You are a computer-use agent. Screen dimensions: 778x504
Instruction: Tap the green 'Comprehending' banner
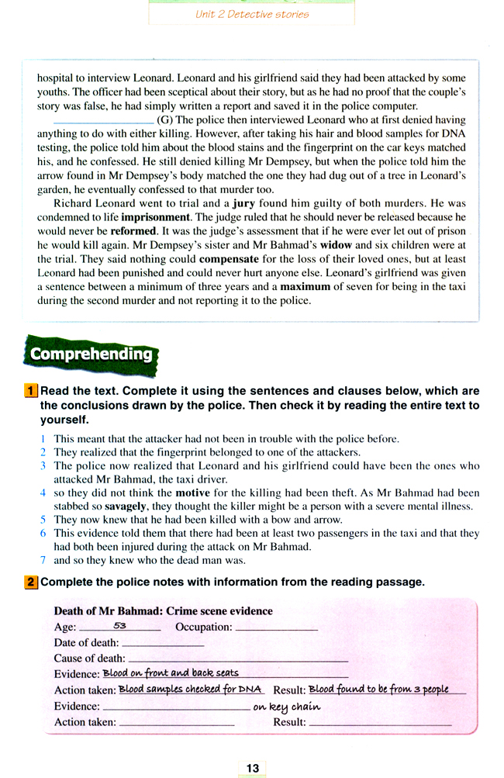[x=91, y=354]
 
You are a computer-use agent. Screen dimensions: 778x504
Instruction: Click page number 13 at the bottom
[x=253, y=768]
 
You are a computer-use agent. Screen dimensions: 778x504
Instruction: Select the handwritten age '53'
[x=119, y=625]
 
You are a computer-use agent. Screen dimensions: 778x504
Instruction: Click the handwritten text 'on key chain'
[x=287, y=707]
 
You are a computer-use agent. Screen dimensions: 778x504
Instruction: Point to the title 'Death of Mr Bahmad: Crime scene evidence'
[x=164, y=611]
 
